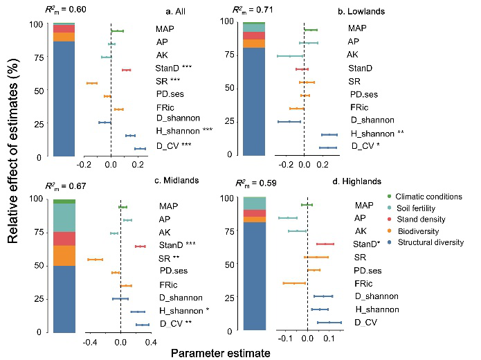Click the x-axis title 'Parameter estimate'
(221, 352)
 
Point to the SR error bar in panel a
(92, 83)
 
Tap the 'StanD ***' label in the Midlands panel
(177, 245)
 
